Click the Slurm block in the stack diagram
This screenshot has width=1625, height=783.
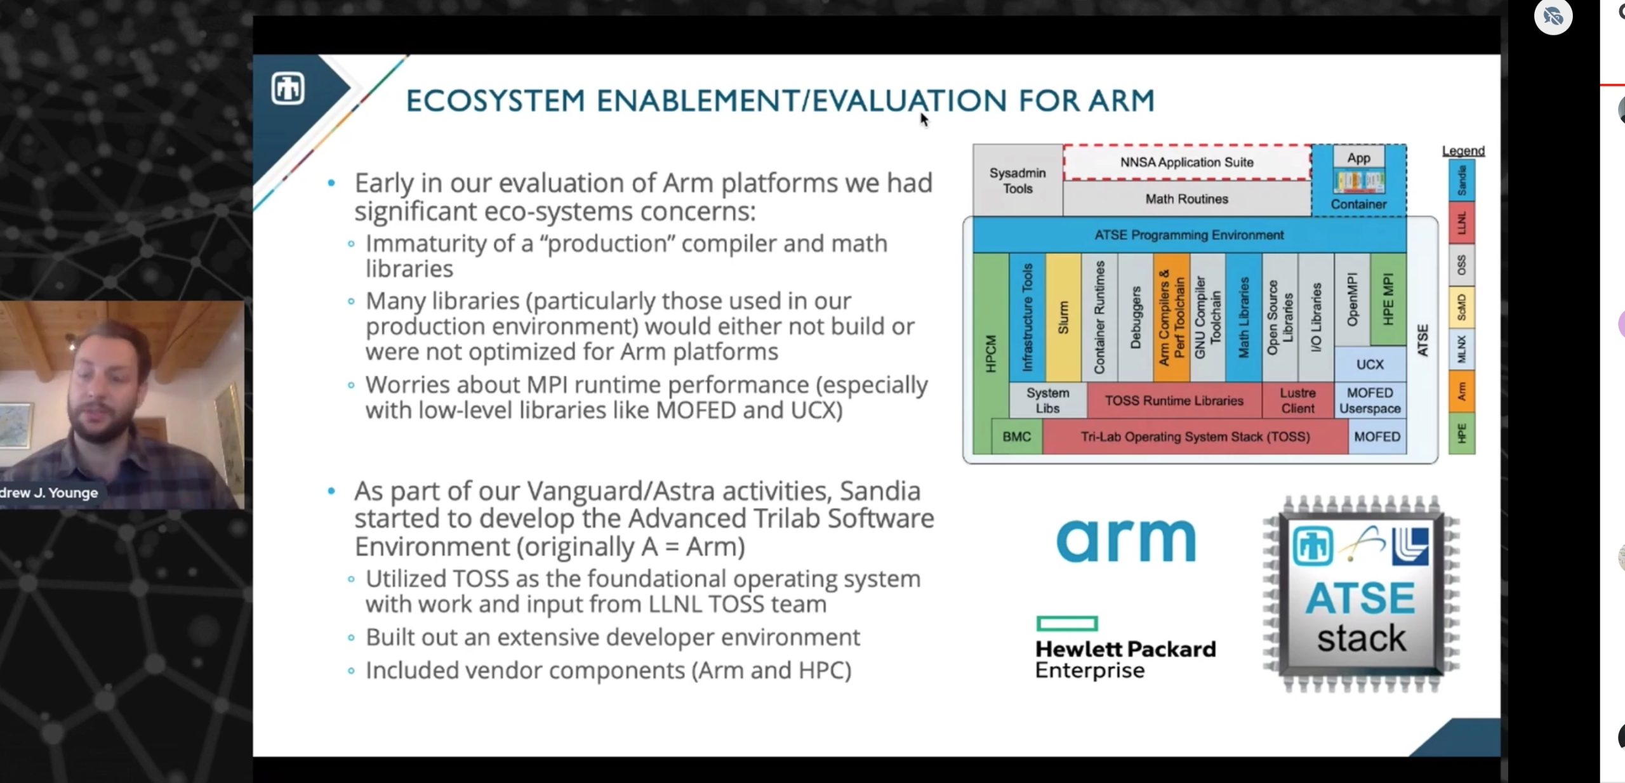point(1063,317)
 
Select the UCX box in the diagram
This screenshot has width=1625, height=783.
point(1370,364)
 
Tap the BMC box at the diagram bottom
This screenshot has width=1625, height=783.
point(1017,437)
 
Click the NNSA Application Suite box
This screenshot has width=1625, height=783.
point(1187,162)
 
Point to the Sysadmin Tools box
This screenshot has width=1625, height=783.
point(1018,181)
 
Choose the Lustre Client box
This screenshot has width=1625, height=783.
point(1297,400)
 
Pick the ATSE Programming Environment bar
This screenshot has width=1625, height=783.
point(1189,235)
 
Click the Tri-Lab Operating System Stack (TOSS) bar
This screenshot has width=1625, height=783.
point(1195,437)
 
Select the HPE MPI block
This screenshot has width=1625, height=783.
point(1388,299)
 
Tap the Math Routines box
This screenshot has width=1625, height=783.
point(1187,199)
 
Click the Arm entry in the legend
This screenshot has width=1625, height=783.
point(1462,391)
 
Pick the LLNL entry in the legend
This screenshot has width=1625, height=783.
point(1462,223)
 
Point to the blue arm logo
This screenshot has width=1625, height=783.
point(1126,541)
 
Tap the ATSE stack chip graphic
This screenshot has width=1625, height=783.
point(1361,595)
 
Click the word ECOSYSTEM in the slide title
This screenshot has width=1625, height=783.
point(495,101)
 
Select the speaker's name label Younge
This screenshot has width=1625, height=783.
point(74,493)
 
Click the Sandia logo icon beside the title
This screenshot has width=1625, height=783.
point(288,88)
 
